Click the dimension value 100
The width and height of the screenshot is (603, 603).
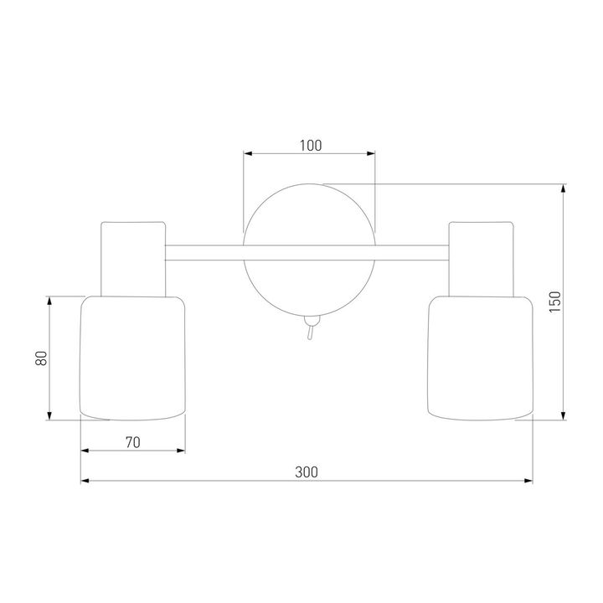click(311, 146)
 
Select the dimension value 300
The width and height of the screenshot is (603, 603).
click(307, 472)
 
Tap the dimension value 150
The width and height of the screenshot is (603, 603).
click(555, 301)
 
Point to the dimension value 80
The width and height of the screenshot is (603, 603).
click(41, 358)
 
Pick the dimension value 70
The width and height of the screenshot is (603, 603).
click(133, 443)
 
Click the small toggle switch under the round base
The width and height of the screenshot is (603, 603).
click(311, 327)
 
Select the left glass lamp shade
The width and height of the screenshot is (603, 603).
click(132, 358)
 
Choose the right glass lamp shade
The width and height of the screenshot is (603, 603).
click(481, 358)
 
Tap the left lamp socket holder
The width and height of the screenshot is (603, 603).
click(133, 259)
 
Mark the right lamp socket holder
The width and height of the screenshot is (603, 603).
click(481, 259)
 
